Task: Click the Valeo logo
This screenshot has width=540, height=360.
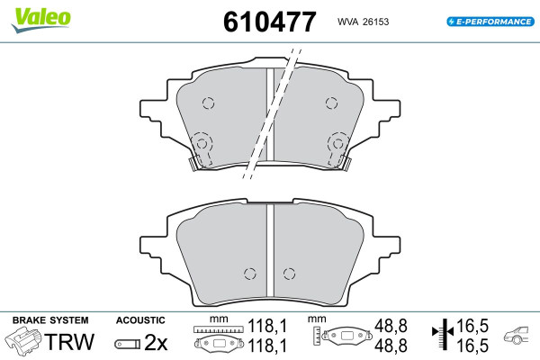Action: click(x=41, y=20)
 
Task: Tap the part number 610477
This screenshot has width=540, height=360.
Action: click(x=269, y=22)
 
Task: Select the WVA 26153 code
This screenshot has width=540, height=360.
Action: click(x=363, y=22)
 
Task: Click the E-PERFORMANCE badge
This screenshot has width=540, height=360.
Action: click(x=490, y=22)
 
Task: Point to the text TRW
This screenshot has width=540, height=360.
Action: click(x=69, y=342)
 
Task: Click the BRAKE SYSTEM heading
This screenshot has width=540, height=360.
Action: click(x=50, y=320)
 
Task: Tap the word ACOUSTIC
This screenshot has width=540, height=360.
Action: click(x=140, y=320)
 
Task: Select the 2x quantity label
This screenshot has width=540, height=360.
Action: click(x=156, y=342)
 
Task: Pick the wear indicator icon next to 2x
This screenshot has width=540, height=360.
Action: click(x=128, y=344)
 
